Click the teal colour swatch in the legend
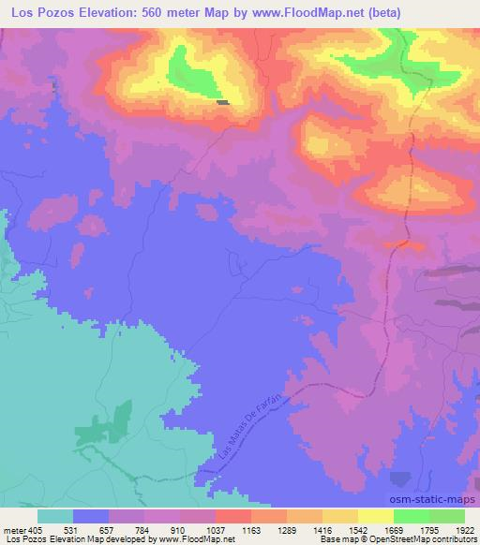pyautogui.click(x=55, y=516)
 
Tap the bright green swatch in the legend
pyautogui.click(x=411, y=516)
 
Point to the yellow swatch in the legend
pyautogui.click(x=375, y=516)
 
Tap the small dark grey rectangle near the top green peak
pyautogui.click(x=223, y=102)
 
